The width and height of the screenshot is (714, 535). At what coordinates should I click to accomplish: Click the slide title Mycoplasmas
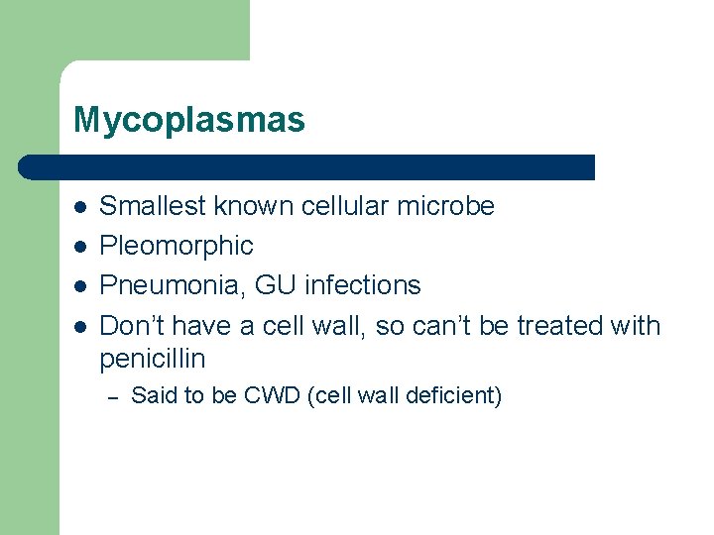188,121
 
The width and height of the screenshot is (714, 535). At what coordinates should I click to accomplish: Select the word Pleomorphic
177,246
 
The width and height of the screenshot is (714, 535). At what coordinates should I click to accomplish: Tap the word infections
363,285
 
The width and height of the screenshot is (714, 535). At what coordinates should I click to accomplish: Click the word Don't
131,325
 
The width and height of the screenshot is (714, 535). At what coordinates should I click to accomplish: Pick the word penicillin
153,357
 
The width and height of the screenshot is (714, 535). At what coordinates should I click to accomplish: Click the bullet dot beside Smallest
79,207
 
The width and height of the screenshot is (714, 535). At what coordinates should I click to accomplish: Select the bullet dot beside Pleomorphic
79,247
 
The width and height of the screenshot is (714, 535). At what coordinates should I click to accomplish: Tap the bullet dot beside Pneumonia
79,286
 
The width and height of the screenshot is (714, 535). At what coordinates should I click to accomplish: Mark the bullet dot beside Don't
79,326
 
